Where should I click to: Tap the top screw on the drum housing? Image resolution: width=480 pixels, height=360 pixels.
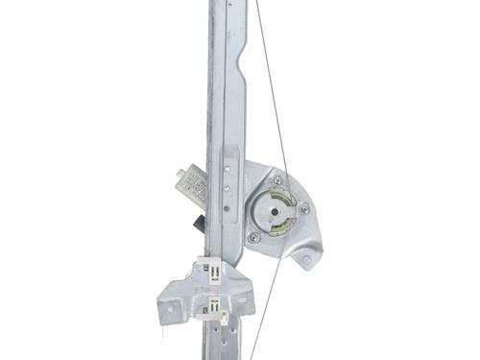click(277, 180)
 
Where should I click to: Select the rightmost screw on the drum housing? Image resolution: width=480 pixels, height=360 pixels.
click(304, 208)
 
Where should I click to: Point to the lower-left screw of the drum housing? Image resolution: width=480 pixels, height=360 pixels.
click(253, 237)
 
